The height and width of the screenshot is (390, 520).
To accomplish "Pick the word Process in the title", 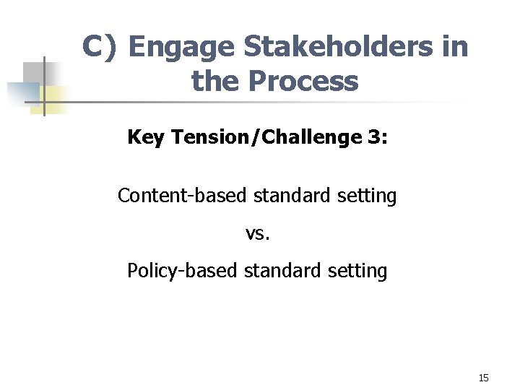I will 303,82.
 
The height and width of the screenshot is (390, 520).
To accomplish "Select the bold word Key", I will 146,137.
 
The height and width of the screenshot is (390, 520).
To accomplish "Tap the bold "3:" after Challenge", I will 374,136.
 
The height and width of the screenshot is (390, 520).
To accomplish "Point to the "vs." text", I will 257,233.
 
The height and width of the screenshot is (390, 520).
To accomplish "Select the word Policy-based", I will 183,271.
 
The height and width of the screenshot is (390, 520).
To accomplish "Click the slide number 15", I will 483,378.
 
